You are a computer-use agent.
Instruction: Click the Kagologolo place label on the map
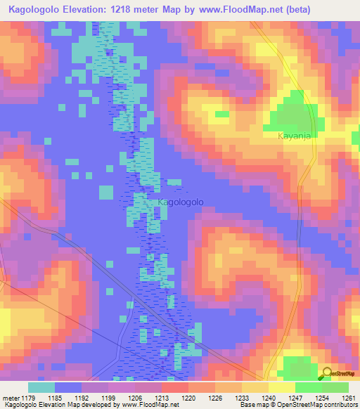pyautogui.click(x=181, y=202)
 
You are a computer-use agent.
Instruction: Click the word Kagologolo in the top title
pyautogui.click(x=37, y=8)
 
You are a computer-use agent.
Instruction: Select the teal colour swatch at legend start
pyautogui.click(x=41, y=387)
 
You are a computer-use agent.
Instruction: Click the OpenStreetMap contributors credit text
pyautogui.click(x=316, y=405)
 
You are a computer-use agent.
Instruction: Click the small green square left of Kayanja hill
pyautogui.click(x=222, y=114)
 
